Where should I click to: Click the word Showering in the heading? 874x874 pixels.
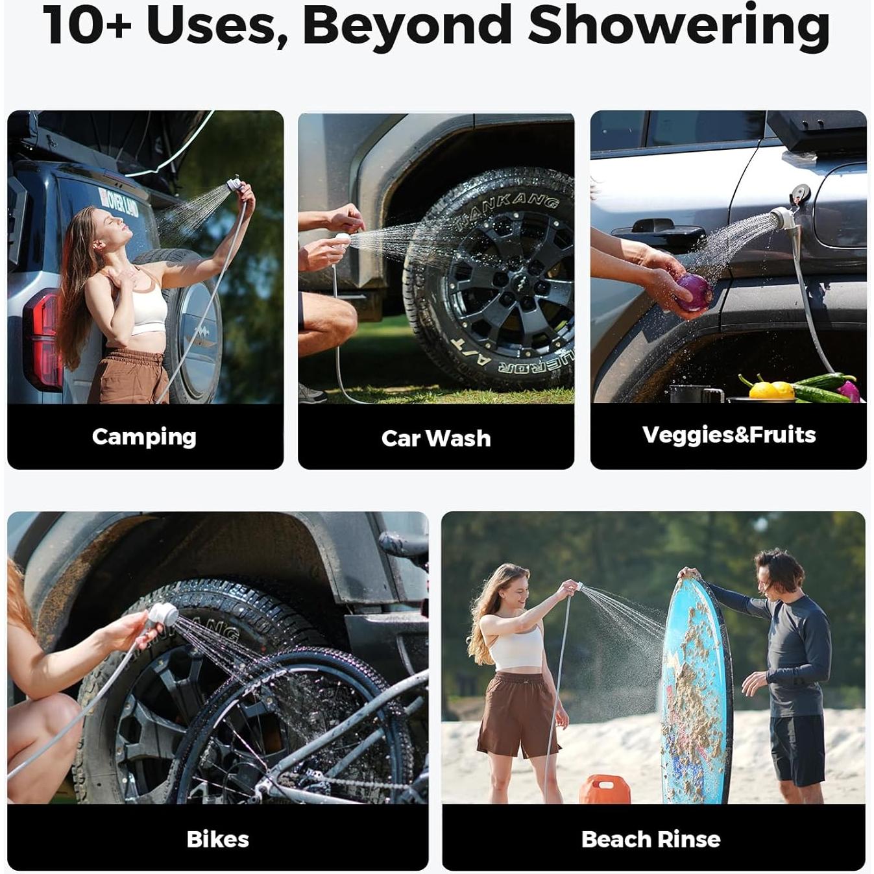tap(679, 26)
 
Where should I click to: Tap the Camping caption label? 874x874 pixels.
tap(144, 437)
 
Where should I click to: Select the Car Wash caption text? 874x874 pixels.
tap(436, 439)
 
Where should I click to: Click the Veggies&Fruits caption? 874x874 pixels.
tap(729, 435)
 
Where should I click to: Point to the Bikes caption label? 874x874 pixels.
tap(218, 839)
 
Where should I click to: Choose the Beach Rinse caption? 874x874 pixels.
tap(651, 839)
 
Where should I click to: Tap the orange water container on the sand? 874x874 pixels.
tap(604, 789)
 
